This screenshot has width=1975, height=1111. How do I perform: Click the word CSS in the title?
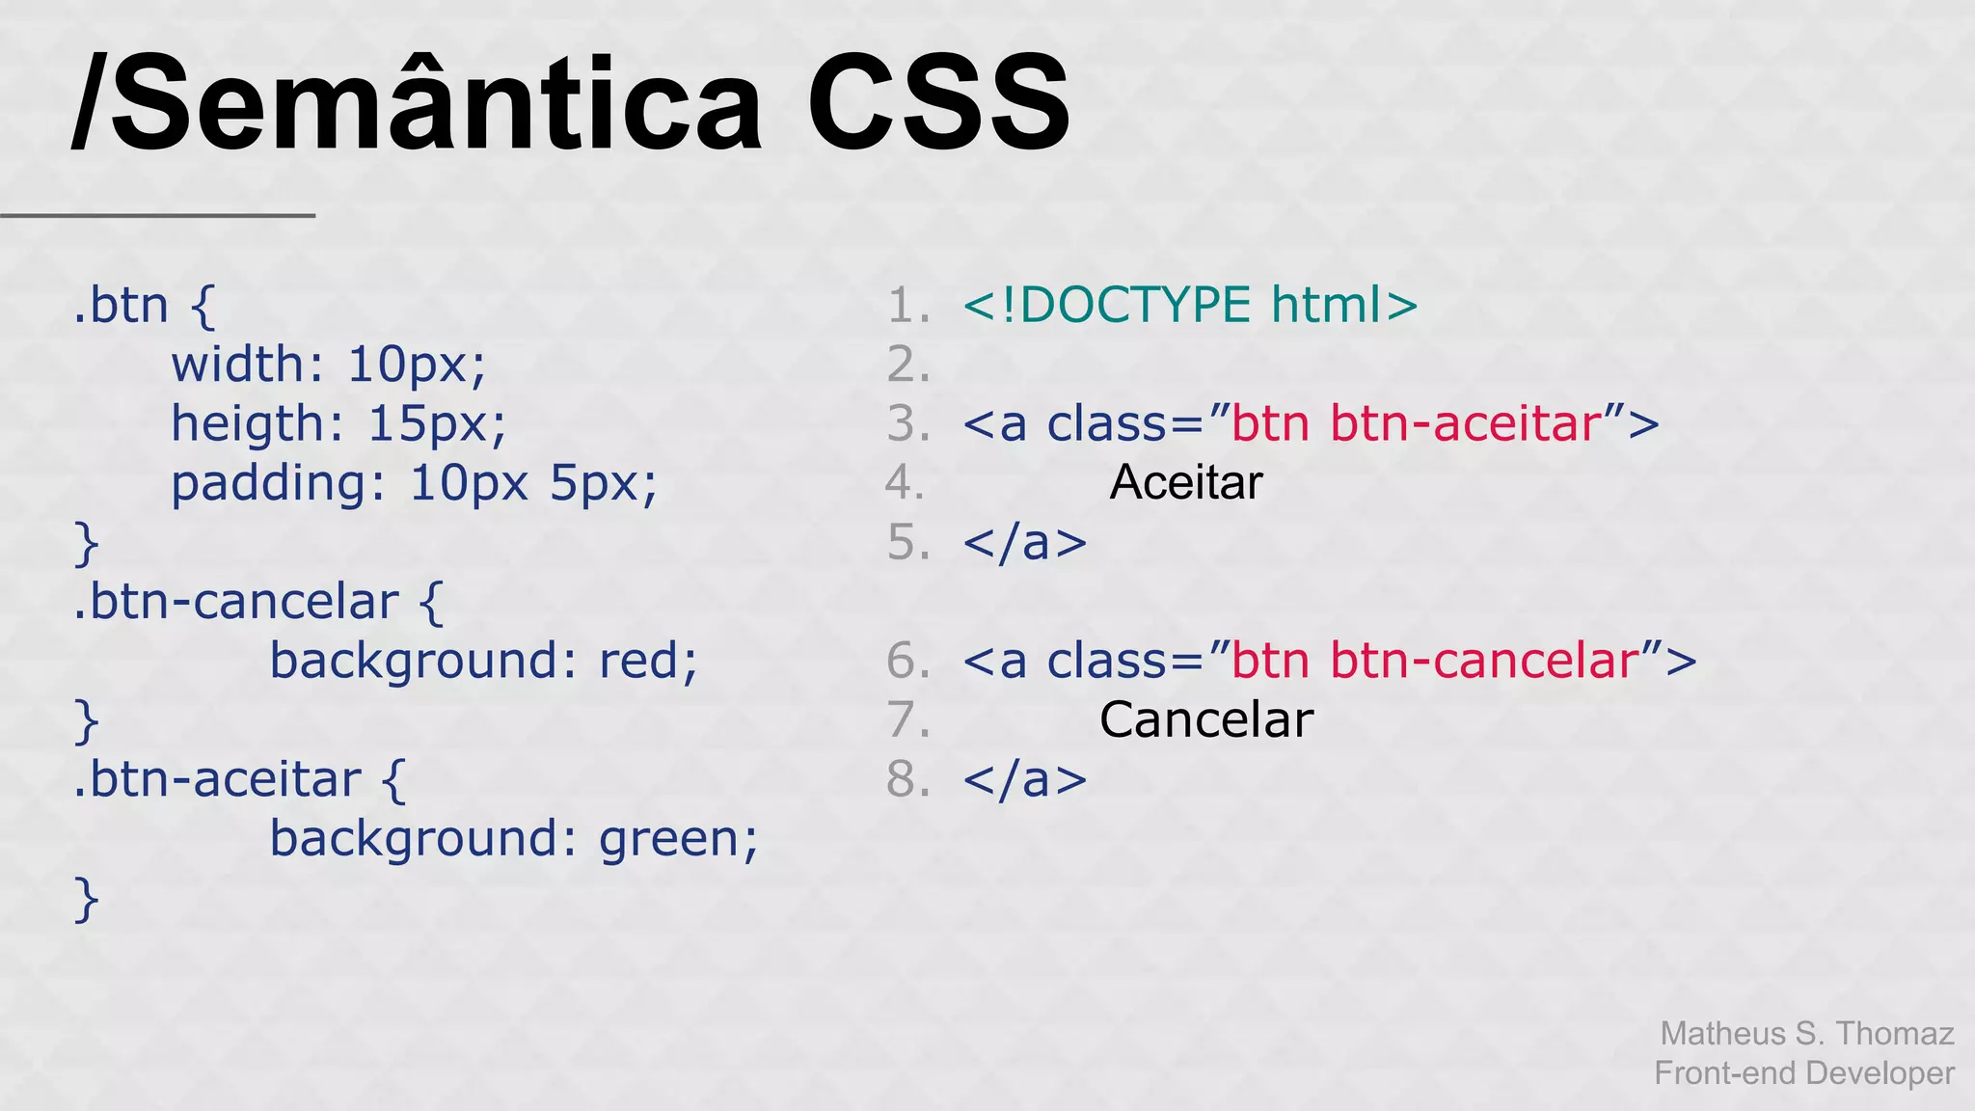pos(937,104)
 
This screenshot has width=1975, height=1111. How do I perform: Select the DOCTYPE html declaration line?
pos(1190,306)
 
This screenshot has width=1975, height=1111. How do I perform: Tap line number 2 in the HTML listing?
pos(907,366)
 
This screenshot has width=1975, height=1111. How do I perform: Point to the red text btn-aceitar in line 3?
pos(1466,424)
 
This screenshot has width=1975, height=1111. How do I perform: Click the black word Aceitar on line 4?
pos(1185,482)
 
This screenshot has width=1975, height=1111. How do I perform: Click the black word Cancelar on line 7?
pos(1205,719)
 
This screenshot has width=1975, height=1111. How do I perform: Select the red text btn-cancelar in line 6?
pos(1485,662)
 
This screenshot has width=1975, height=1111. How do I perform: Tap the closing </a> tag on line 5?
pos(1024,543)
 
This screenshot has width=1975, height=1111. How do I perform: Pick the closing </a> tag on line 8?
pos(1024,780)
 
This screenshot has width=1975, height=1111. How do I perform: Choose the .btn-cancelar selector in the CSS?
pos(236,603)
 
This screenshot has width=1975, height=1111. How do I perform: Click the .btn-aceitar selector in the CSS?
pos(218,780)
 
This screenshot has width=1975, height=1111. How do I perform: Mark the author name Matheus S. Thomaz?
pos(1806,1033)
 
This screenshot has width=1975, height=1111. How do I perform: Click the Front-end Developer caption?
pos(1803,1072)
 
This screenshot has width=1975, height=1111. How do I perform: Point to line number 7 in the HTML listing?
pos(907,720)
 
